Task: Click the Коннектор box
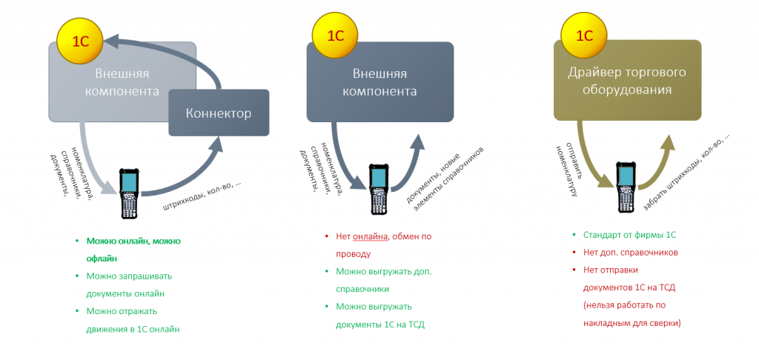pos(219,113)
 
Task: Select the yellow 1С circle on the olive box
pos(584,36)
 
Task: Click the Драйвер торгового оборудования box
pos(627,81)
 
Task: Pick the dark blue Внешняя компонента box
pos(380,81)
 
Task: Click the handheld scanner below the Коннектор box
pos(129,193)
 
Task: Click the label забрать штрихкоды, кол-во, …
pos(686,171)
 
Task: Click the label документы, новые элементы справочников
pos(448,178)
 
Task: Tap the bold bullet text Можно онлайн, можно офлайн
pos(133,250)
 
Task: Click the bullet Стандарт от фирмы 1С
pos(629,235)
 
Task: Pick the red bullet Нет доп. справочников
pos(630,253)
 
